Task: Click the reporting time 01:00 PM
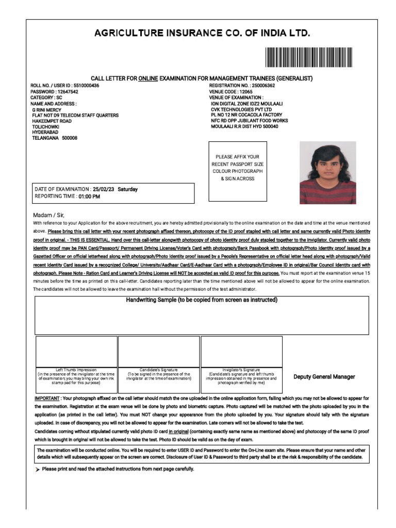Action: [x=89, y=196]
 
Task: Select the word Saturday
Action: [x=128, y=189]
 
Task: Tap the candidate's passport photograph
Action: [x=328, y=172]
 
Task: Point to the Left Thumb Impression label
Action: [x=76, y=370]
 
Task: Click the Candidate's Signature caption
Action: [x=159, y=370]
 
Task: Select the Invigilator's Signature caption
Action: [x=241, y=370]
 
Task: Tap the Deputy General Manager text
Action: [x=324, y=377]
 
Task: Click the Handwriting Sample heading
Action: [x=202, y=300]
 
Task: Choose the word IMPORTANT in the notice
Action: [x=47, y=399]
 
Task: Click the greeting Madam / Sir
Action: [x=48, y=214]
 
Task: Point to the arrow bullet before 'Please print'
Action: [x=38, y=470]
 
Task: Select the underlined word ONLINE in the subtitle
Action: [x=147, y=78]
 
